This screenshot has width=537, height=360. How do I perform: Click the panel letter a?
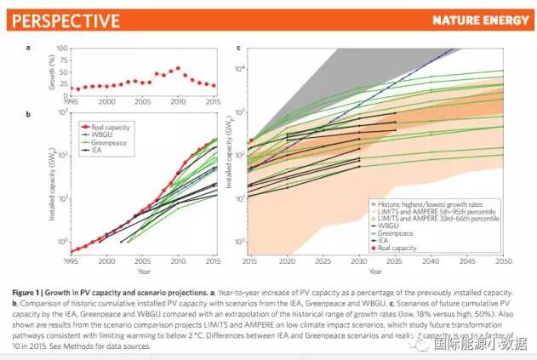click(x=27, y=47)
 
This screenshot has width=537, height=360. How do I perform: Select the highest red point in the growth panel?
click(x=178, y=68)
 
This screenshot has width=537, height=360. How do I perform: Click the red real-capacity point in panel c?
click(x=251, y=140)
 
